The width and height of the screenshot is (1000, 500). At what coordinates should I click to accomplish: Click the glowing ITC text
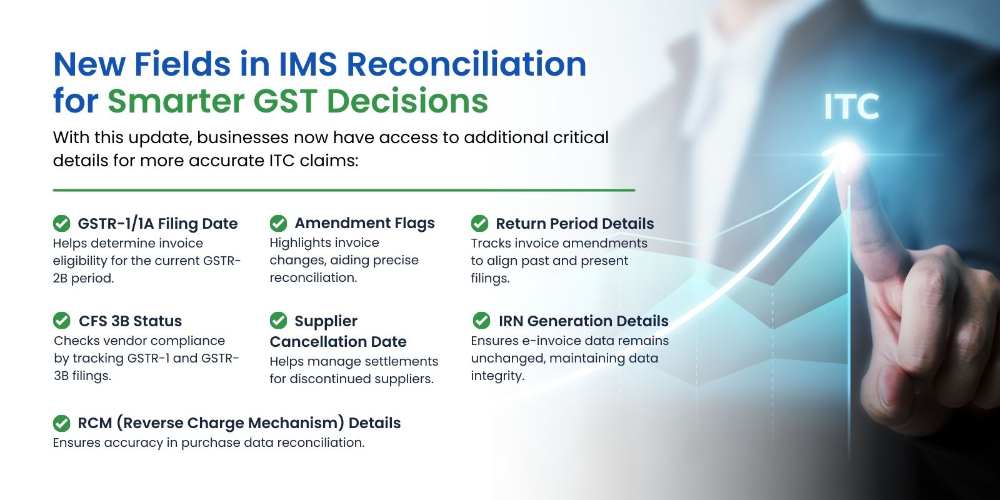(851, 106)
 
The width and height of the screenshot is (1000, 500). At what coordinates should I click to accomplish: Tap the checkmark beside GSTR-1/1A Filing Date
(62, 223)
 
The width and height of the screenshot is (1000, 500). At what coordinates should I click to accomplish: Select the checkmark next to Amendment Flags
(278, 223)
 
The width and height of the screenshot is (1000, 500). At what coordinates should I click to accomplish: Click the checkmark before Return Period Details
(479, 223)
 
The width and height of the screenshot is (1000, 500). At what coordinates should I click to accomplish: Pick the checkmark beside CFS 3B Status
(62, 320)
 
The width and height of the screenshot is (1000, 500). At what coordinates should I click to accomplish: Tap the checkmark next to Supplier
(278, 320)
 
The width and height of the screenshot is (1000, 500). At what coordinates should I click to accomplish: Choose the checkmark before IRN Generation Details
(481, 320)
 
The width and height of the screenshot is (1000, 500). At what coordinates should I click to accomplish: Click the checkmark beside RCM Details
(62, 423)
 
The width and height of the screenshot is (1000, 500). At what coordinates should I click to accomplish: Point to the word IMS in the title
(307, 64)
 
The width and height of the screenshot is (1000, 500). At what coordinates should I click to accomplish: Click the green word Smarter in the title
(176, 101)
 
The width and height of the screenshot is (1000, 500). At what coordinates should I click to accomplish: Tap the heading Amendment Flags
(365, 222)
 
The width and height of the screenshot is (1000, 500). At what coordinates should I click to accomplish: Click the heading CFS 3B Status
(131, 321)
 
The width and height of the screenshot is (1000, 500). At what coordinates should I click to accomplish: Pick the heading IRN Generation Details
(584, 321)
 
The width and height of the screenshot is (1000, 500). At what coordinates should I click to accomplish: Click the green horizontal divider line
(344, 190)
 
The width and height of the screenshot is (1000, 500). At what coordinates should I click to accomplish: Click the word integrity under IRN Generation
(497, 376)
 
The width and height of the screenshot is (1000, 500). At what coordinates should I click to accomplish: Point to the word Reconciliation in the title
(466, 64)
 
